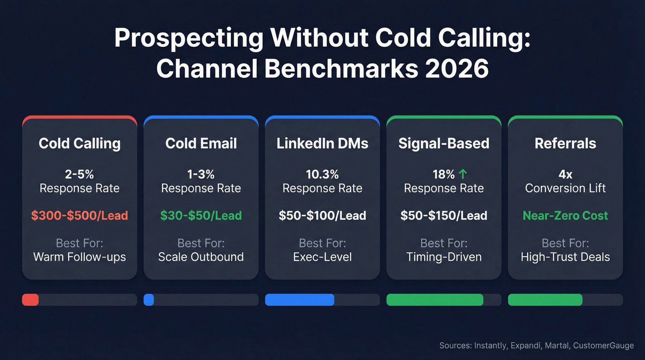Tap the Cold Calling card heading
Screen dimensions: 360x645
pyautogui.click(x=80, y=143)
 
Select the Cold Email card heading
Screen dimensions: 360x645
pyautogui.click(x=201, y=143)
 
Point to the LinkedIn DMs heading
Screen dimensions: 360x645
pyautogui.click(x=322, y=143)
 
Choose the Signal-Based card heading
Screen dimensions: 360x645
pyautogui.click(x=444, y=143)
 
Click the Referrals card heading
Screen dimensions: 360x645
pyautogui.click(x=565, y=143)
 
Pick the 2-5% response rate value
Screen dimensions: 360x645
pyautogui.click(x=80, y=174)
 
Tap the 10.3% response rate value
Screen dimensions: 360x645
pyautogui.click(x=322, y=174)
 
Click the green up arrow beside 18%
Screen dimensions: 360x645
pyautogui.click(x=463, y=174)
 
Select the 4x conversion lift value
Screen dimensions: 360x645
pyautogui.click(x=565, y=174)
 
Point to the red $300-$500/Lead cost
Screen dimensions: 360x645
pyautogui.click(x=80, y=215)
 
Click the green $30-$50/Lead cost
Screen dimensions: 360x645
pyautogui.click(x=201, y=215)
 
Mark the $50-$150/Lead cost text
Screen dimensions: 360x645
pyautogui.click(x=444, y=215)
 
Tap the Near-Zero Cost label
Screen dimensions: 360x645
pyautogui.click(x=565, y=215)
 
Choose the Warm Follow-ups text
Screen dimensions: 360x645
pyautogui.click(x=80, y=257)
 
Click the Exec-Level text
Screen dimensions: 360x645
pyautogui.click(x=322, y=257)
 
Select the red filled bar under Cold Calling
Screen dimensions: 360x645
pyautogui.click(x=30, y=300)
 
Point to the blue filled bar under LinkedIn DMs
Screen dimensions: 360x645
pyautogui.click(x=299, y=300)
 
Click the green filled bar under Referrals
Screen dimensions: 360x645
pyautogui.click(x=545, y=300)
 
